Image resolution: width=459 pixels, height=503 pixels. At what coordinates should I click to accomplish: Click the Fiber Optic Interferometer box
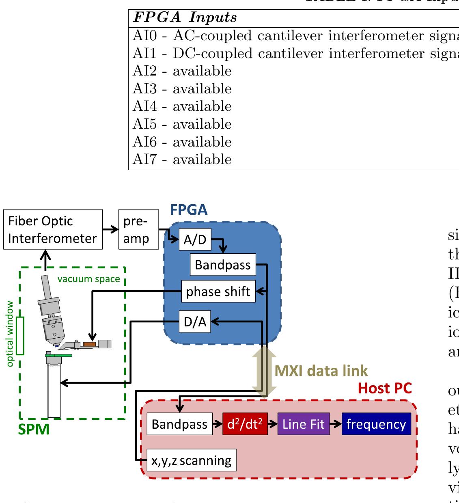[53, 229]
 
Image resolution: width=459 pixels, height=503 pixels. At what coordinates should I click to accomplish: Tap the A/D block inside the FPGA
[195, 240]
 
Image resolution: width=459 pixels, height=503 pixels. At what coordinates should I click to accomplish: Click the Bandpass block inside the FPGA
[223, 265]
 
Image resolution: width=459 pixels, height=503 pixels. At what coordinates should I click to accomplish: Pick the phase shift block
[218, 291]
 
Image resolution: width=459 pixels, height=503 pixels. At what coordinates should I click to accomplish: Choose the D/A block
[195, 322]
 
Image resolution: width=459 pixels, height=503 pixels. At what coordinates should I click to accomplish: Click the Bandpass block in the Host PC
[179, 424]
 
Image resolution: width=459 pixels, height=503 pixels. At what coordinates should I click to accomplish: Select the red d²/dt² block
[245, 424]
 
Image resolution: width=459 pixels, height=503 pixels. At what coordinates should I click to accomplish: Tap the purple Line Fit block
[303, 424]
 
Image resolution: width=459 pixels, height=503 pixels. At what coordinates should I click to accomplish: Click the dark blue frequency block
[376, 424]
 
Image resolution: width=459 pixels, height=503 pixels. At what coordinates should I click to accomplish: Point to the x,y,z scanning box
[191, 460]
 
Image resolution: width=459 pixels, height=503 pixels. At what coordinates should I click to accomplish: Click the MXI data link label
[321, 371]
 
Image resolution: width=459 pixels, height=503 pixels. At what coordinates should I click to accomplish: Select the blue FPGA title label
[189, 210]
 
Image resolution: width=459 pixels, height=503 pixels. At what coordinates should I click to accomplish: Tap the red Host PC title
[384, 389]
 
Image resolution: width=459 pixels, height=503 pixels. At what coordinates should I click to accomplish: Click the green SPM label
[34, 429]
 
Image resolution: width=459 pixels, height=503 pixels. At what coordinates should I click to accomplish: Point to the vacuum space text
[88, 279]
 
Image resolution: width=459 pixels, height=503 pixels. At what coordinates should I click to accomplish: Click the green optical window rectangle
[20, 335]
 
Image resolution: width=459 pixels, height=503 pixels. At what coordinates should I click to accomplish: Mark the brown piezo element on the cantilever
[89, 344]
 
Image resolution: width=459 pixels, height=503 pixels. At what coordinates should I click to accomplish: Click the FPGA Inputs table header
[185, 17]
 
